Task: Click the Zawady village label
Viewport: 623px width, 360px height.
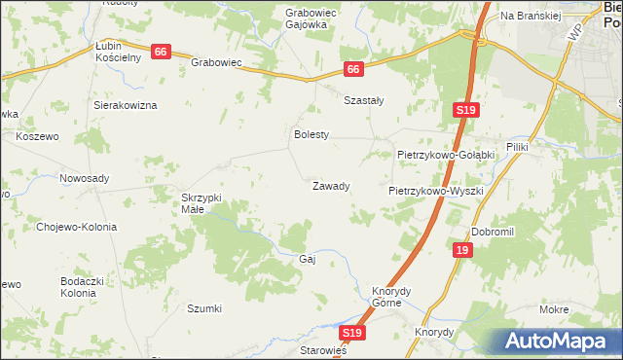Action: click(x=330, y=186)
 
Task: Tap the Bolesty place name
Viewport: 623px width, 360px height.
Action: click(x=312, y=135)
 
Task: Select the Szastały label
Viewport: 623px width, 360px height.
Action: click(x=364, y=99)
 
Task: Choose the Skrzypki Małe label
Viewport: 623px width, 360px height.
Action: click(x=202, y=203)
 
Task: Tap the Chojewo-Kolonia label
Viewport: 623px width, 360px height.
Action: click(x=76, y=227)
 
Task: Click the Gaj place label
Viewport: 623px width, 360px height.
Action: click(x=309, y=260)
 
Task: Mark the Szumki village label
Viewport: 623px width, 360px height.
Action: click(x=204, y=308)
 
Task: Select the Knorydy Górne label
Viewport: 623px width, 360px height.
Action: click(x=393, y=296)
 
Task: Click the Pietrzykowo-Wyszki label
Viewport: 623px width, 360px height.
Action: click(x=436, y=192)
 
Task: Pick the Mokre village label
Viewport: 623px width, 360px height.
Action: click(x=553, y=309)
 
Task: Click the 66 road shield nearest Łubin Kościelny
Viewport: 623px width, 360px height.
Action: click(x=162, y=52)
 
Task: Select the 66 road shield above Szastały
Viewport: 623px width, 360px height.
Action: click(x=353, y=69)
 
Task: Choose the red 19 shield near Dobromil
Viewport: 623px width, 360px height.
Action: click(x=461, y=250)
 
